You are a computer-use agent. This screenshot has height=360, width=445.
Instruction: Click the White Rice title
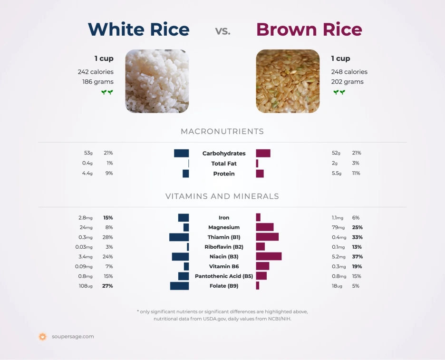click(x=138, y=29)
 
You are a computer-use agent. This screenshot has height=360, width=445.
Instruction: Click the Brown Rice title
click(x=309, y=29)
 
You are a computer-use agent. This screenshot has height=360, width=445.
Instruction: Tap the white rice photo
click(x=157, y=81)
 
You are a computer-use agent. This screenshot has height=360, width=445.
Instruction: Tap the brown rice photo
click(x=288, y=81)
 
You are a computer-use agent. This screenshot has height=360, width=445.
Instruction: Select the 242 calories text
click(x=96, y=72)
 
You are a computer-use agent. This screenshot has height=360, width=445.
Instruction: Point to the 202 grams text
click(x=347, y=82)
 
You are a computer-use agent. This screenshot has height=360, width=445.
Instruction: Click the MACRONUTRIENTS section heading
click(x=222, y=132)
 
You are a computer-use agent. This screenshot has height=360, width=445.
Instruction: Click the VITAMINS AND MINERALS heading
click(x=222, y=196)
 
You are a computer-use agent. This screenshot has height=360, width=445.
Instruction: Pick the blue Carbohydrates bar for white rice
click(x=181, y=153)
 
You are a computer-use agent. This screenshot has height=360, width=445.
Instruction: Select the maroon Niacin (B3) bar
click(x=269, y=256)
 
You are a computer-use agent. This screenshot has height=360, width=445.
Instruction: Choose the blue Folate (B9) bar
click(x=179, y=286)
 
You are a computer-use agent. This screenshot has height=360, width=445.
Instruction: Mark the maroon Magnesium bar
click(x=265, y=227)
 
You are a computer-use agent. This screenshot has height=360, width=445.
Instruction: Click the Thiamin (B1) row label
click(x=223, y=237)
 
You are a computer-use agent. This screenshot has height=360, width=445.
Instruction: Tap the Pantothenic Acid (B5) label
click(x=223, y=276)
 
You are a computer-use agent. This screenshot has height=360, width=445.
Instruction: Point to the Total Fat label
click(x=223, y=164)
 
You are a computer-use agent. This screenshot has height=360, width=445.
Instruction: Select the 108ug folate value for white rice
click(x=86, y=286)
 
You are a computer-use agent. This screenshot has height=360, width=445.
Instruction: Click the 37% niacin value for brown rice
click(x=358, y=257)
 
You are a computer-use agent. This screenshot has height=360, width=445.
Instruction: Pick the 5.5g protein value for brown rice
click(x=337, y=174)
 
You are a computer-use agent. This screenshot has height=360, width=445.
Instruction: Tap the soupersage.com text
click(x=73, y=337)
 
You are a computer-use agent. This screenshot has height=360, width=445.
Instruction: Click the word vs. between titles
click(x=222, y=31)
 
